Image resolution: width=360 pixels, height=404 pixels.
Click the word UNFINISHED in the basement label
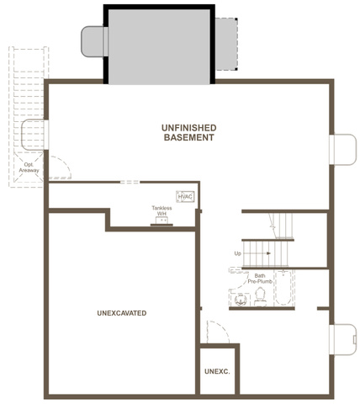189,128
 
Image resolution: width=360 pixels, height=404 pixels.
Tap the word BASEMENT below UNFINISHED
189,137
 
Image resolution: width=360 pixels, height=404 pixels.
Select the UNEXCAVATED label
122,313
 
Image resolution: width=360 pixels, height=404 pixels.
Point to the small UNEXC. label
217,371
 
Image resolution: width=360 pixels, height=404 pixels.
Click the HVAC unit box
185,197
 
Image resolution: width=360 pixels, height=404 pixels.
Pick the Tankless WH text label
161,210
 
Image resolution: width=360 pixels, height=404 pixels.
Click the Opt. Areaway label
29,167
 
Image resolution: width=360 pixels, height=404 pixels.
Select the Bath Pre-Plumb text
260,279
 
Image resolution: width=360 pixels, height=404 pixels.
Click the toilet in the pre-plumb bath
260,297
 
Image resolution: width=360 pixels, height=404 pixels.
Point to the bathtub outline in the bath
283,288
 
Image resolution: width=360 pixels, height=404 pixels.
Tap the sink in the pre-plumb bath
241,300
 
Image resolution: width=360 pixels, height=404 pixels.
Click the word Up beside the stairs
237,253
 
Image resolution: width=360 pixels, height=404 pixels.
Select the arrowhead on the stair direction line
268,253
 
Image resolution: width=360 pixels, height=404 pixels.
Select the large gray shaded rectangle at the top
159,46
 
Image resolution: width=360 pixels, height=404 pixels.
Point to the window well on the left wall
34,135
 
